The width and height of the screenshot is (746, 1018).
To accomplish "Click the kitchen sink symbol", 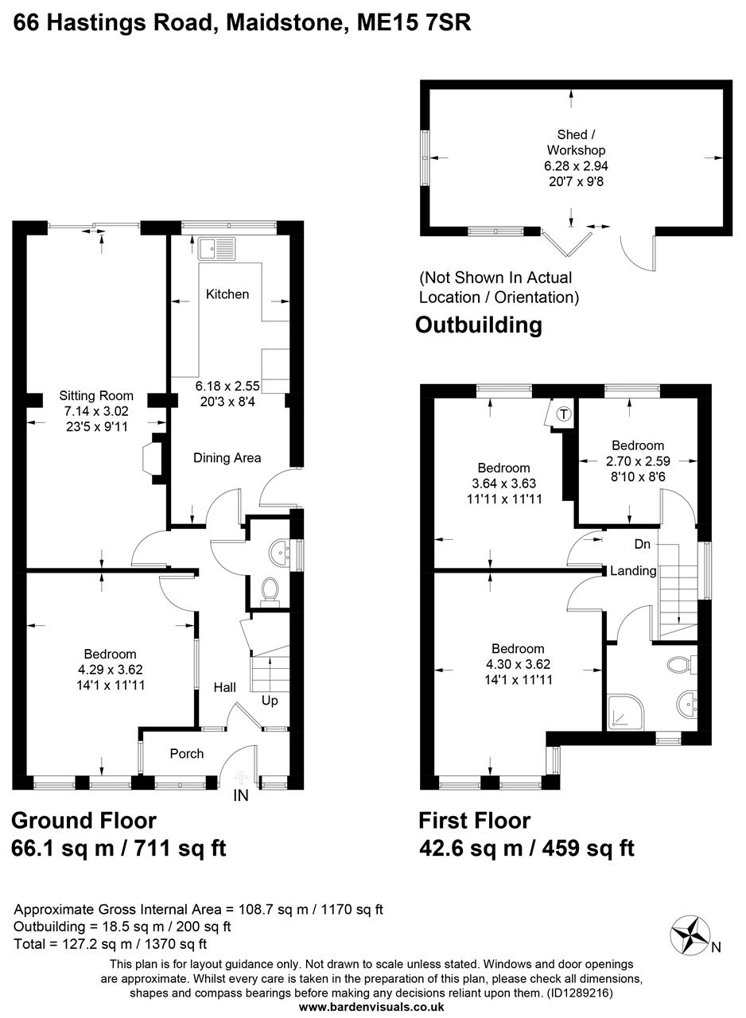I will click(x=216, y=248).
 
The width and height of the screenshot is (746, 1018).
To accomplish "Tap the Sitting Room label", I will click(x=96, y=396).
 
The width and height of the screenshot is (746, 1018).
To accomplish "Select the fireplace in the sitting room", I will click(x=151, y=460).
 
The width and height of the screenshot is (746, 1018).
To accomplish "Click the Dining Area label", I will click(x=227, y=458).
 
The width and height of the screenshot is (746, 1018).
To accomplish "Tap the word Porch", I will click(x=187, y=754).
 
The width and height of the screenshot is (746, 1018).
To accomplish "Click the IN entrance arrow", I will click(x=241, y=779).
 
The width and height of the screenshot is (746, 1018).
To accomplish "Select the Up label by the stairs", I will click(x=270, y=701).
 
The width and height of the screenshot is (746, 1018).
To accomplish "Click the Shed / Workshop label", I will click(x=576, y=142).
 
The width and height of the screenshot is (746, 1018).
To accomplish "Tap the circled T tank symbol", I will click(x=563, y=414).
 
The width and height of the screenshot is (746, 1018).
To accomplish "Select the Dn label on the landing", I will click(x=643, y=545).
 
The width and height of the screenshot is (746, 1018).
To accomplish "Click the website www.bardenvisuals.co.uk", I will click(x=371, y=1007).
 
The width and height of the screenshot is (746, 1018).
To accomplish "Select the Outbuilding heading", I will click(x=479, y=325).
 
